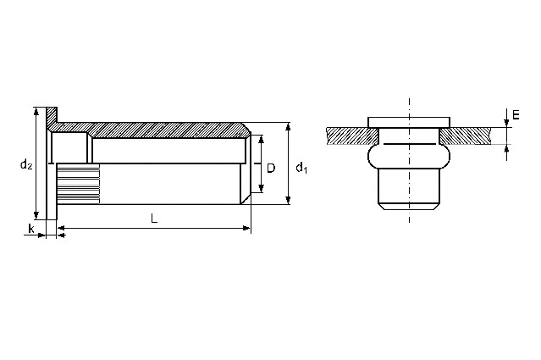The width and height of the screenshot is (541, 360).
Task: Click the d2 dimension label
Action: pyautogui.click(x=26, y=164)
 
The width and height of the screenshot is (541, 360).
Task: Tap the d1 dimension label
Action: pyautogui.click(x=301, y=168)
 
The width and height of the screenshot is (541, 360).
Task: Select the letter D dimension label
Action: pyautogui.click(x=271, y=168)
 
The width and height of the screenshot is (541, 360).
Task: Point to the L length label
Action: pyautogui.click(x=154, y=219)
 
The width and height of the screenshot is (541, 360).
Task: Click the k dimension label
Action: pyautogui.click(x=31, y=228)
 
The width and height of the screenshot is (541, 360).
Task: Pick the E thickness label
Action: pyautogui.click(x=516, y=115)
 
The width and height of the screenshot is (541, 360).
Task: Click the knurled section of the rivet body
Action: pyautogui.click(x=79, y=183)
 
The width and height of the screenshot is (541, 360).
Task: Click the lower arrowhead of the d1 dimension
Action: pyautogui.click(x=289, y=200)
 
